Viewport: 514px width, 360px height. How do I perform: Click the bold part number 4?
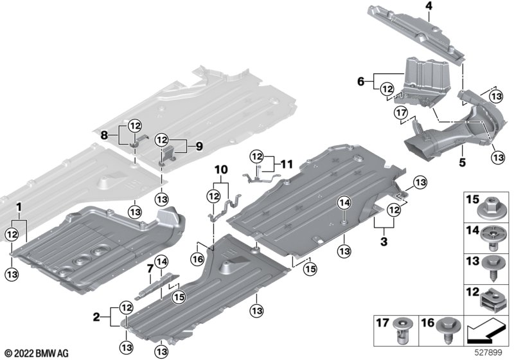(x=429, y=6)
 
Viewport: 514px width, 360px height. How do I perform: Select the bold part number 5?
(x=462, y=162)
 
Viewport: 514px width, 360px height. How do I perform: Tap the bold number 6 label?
(x=360, y=81)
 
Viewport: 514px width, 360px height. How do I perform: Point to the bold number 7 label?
(x=150, y=269)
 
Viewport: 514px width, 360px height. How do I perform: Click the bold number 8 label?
(x=104, y=135)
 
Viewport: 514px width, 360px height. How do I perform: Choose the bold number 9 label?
(x=199, y=147)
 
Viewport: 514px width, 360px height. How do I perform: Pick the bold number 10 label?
(x=221, y=170)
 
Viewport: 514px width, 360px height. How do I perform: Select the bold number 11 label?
(x=287, y=163)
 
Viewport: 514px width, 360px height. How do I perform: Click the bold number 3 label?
(x=384, y=242)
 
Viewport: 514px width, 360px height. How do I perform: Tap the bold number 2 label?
(x=96, y=317)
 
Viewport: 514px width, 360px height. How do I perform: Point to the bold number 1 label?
(x=19, y=207)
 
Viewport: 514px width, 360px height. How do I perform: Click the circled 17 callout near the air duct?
(x=402, y=113)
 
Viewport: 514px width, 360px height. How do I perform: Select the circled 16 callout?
(x=198, y=260)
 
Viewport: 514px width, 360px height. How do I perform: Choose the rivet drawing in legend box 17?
(x=403, y=331)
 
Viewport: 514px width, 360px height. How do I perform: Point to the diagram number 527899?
(x=489, y=352)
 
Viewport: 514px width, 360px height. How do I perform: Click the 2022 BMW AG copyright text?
(x=37, y=354)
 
